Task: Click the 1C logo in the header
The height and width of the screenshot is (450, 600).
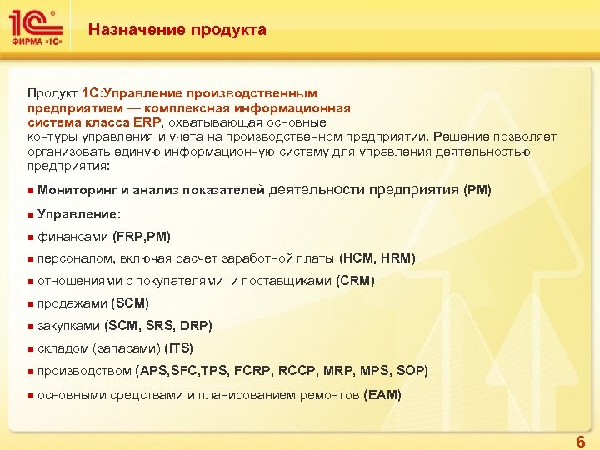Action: tap(34, 29)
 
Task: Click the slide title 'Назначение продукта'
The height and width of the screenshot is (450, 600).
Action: tap(177, 30)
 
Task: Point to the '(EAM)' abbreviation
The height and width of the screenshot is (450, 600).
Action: tap(383, 394)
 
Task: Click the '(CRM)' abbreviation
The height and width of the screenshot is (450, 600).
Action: tap(355, 281)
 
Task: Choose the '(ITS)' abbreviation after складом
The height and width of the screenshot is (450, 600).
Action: tap(179, 348)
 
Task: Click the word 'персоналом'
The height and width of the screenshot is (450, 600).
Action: tap(77, 258)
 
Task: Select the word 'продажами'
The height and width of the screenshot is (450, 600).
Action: tap(72, 303)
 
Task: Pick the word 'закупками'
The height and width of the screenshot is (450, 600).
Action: tap(69, 326)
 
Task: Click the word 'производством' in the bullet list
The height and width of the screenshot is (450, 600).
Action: tap(84, 371)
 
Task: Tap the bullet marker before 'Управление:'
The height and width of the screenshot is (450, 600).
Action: tap(29, 214)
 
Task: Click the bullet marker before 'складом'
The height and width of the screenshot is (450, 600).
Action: tap(29, 349)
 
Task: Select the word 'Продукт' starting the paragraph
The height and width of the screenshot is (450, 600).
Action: tap(52, 93)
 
